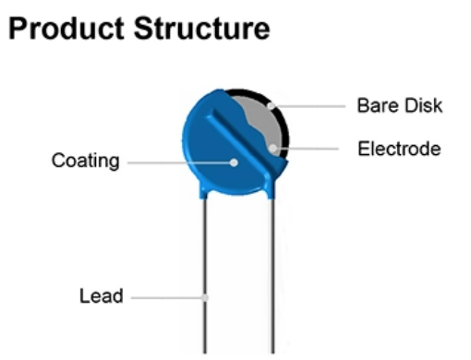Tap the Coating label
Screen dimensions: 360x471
[x=85, y=162]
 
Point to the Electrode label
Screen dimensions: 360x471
[x=399, y=148]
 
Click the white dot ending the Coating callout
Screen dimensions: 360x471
[x=234, y=162]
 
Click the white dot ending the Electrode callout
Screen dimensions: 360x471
[x=273, y=148]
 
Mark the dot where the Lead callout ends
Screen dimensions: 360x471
[x=206, y=297]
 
